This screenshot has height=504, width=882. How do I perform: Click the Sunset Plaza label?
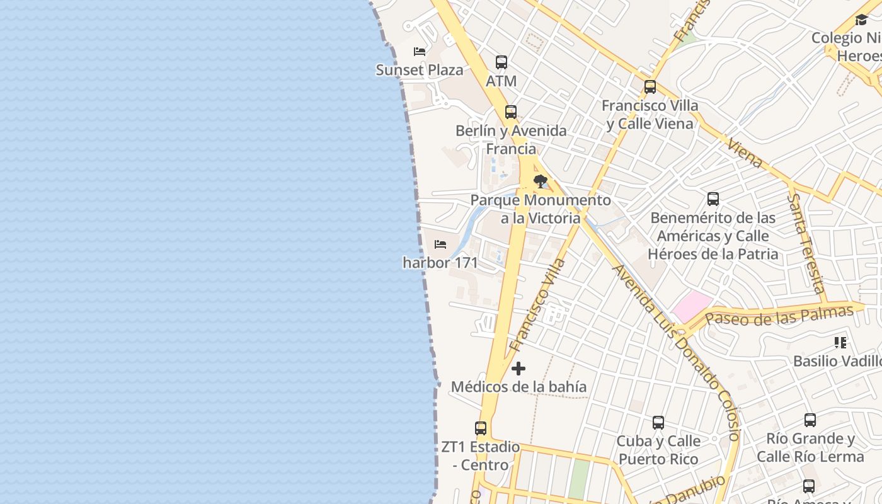[x=420, y=70]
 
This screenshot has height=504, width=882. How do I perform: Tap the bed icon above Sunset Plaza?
[x=420, y=51]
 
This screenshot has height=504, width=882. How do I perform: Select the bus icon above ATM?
[x=501, y=62]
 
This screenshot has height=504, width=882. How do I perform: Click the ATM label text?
[x=501, y=81]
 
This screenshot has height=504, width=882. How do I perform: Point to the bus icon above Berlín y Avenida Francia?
[x=511, y=112]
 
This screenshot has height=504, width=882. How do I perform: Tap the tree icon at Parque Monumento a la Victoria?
[x=541, y=181]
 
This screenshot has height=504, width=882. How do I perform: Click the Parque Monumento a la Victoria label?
[x=541, y=209]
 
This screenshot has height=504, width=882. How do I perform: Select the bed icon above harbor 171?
[x=440, y=244]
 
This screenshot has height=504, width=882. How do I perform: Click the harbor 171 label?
[x=440, y=263]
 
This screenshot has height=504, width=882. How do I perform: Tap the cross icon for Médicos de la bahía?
[x=518, y=369]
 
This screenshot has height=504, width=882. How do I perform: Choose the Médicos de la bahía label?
[x=518, y=387]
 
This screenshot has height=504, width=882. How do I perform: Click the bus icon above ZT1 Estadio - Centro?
[x=481, y=428]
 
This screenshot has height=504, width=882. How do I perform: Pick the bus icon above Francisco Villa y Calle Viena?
[x=650, y=87]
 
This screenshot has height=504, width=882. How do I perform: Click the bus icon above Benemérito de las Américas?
[x=713, y=199]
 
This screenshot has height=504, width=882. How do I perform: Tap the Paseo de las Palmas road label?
[x=779, y=315]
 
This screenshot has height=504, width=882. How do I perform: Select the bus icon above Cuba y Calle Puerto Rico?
[x=658, y=422]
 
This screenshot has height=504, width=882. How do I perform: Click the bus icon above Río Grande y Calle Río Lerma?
[x=810, y=420]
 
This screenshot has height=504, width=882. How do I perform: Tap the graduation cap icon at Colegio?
[x=861, y=20]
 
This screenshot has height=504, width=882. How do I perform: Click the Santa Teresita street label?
[x=807, y=243]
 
